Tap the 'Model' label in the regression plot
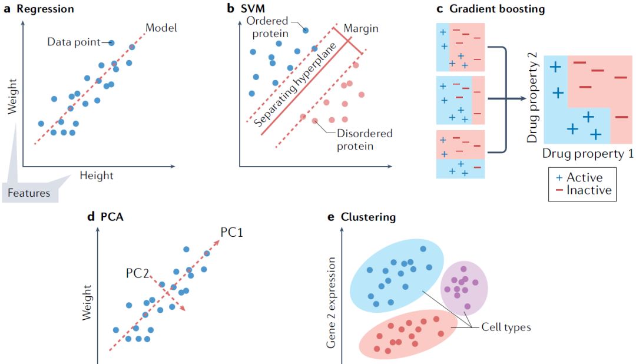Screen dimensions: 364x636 pos(161,27)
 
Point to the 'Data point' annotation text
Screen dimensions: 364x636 pos(74,42)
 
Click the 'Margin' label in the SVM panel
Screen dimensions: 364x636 pos(360,28)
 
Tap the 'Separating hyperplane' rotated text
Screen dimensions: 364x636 pos(294,85)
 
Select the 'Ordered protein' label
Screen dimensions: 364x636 pos(271,27)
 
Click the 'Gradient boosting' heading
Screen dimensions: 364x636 pos(497,9)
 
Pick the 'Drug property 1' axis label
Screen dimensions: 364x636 pos(588,154)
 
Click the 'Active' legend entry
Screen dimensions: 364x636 pos(581,177)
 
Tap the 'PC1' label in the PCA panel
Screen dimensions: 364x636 pos(232,231)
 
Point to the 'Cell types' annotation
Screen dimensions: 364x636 pos(506,327)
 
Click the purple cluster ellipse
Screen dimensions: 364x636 pos(465,287)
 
